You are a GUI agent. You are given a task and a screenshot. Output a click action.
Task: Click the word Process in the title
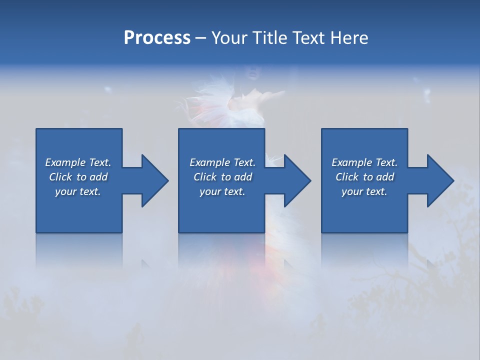[157, 38]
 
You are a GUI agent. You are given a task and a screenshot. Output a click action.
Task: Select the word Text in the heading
[308, 38]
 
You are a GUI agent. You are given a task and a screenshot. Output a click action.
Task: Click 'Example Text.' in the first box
[78, 162]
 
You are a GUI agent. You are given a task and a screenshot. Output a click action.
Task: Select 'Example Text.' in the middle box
[222, 162]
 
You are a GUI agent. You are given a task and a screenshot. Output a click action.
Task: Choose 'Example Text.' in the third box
[364, 162]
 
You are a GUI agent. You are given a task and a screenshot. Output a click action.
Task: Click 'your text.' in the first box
[78, 191]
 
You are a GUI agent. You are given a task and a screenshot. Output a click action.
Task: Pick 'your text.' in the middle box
[222, 191]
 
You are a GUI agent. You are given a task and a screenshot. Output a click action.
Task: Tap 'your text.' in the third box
[364, 191]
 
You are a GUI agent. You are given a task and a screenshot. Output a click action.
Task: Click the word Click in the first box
[60, 177]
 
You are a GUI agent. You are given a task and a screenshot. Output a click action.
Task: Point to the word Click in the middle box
[205, 177]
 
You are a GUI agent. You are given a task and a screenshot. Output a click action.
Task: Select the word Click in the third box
[347, 177]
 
